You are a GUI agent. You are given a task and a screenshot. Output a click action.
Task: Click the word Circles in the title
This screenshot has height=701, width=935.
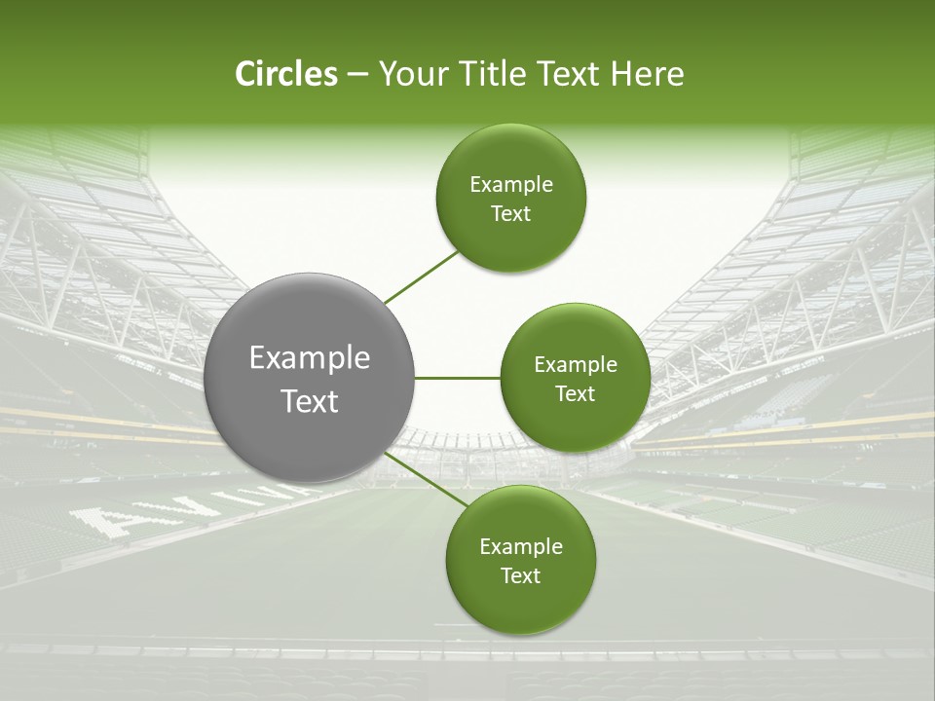285,74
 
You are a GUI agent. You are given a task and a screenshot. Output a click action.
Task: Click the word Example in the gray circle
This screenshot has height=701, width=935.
310,358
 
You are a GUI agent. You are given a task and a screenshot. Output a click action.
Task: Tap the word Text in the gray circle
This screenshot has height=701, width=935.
310,401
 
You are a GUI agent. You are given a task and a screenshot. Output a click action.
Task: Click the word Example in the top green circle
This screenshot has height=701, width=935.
511,185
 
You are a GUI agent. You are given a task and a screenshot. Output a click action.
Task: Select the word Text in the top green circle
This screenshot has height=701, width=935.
511,214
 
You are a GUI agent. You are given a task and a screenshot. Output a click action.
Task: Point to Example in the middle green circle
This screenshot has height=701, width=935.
576,365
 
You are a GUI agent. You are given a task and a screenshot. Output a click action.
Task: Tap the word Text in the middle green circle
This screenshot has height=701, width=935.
576,394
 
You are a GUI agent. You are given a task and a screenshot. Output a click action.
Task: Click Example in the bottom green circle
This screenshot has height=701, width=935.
521,547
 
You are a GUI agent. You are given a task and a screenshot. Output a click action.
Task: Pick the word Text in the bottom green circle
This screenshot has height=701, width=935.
521,576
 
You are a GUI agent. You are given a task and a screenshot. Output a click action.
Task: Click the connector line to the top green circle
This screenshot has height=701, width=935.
422,277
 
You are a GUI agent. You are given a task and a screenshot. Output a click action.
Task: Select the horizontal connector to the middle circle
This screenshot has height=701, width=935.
457,378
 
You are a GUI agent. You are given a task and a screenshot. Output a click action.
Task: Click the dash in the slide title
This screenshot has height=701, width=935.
357,75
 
